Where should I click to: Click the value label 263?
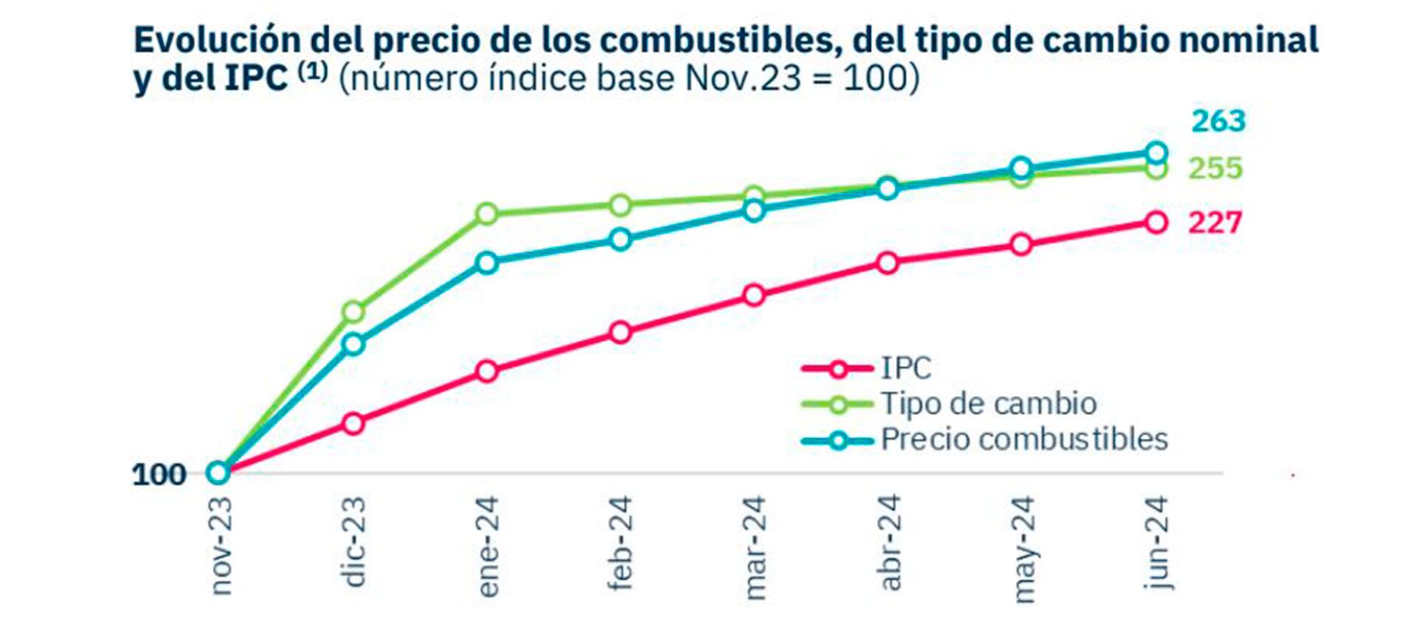pyautogui.click(x=1218, y=121)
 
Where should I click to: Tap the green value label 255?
pyautogui.click(x=1215, y=168)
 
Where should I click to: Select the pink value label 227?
pyautogui.click(x=1215, y=222)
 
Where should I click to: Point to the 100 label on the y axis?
pyautogui.click(x=159, y=474)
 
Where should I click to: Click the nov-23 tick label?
pyautogui.click(x=220, y=545)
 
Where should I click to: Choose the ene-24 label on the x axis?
pyautogui.click(x=487, y=546)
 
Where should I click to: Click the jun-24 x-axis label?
pyautogui.click(x=1156, y=542)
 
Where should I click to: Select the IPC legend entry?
pyautogui.click(x=906, y=367)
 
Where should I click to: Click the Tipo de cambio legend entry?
pyautogui.click(x=988, y=403)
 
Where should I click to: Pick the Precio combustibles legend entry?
pyautogui.click(x=1024, y=440)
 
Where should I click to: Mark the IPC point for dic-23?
pyautogui.click(x=354, y=423)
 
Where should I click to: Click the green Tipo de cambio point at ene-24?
pyautogui.click(x=487, y=215)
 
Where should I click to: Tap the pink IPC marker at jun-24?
pyautogui.click(x=1156, y=222)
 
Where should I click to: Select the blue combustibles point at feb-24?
pyautogui.click(x=621, y=239)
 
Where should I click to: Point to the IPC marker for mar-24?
pyautogui.click(x=754, y=295)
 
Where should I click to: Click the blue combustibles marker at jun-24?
pyautogui.click(x=1156, y=153)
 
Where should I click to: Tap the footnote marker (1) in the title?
pyautogui.click(x=312, y=72)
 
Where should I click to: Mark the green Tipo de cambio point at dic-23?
pyautogui.click(x=354, y=312)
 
